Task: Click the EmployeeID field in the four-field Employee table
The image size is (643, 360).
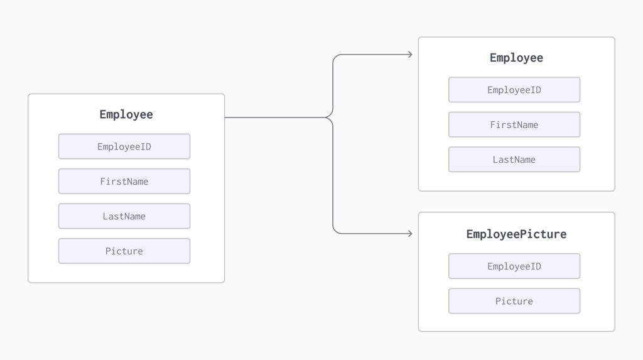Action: tap(124, 146)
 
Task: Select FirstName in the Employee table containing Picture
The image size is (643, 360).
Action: tap(124, 182)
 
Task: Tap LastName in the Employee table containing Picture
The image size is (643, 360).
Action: tap(124, 216)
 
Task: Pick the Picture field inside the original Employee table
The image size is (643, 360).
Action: tap(124, 251)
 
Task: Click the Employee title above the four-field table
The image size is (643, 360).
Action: tap(126, 114)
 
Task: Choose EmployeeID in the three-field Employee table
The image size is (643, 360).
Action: tap(514, 90)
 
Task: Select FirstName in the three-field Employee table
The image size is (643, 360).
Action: tap(514, 125)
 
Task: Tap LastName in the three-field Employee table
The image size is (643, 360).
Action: tap(514, 160)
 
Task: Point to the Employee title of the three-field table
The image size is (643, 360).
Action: tap(516, 58)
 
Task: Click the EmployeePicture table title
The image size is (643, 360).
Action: tap(516, 234)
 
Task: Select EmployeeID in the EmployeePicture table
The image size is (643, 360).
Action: tap(514, 266)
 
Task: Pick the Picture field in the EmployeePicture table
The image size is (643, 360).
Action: tap(514, 302)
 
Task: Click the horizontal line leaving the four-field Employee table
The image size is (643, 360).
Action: tap(275, 117)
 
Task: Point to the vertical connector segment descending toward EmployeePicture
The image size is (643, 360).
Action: tap(333, 175)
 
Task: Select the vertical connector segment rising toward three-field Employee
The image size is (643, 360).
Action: tap(333, 86)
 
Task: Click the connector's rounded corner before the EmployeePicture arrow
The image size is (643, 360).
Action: tap(335, 231)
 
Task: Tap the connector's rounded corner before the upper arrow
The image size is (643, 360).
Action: tap(335, 57)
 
